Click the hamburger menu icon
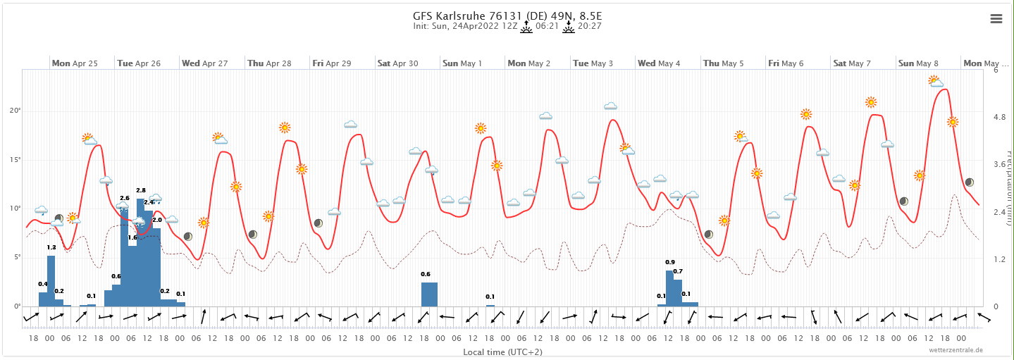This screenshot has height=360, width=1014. pyautogui.click(x=996, y=19)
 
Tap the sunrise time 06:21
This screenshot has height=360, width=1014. pyautogui.click(x=547, y=26)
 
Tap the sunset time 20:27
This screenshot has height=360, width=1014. pyautogui.click(x=589, y=26)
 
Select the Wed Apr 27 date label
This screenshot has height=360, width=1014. pyautogui.click(x=205, y=63)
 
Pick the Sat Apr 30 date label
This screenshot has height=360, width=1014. pyautogui.click(x=398, y=63)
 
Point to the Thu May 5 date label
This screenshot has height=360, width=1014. pyautogui.click(x=724, y=63)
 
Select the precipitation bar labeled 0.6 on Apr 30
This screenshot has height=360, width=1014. pyautogui.click(x=429, y=294)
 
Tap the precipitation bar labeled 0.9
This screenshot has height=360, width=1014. pyautogui.click(x=669, y=287)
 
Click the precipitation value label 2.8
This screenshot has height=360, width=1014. pyautogui.click(x=141, y=190)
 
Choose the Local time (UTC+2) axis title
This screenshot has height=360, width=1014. pyautogui.click(x=502, y=351)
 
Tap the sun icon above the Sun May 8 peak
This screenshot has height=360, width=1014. pyautogui.click(x=934, y=81)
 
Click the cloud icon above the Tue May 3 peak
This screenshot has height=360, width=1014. pyautogui.click(x=610, y=106)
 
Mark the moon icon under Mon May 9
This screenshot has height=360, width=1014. pyautogui.click(x=970, y=182)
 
